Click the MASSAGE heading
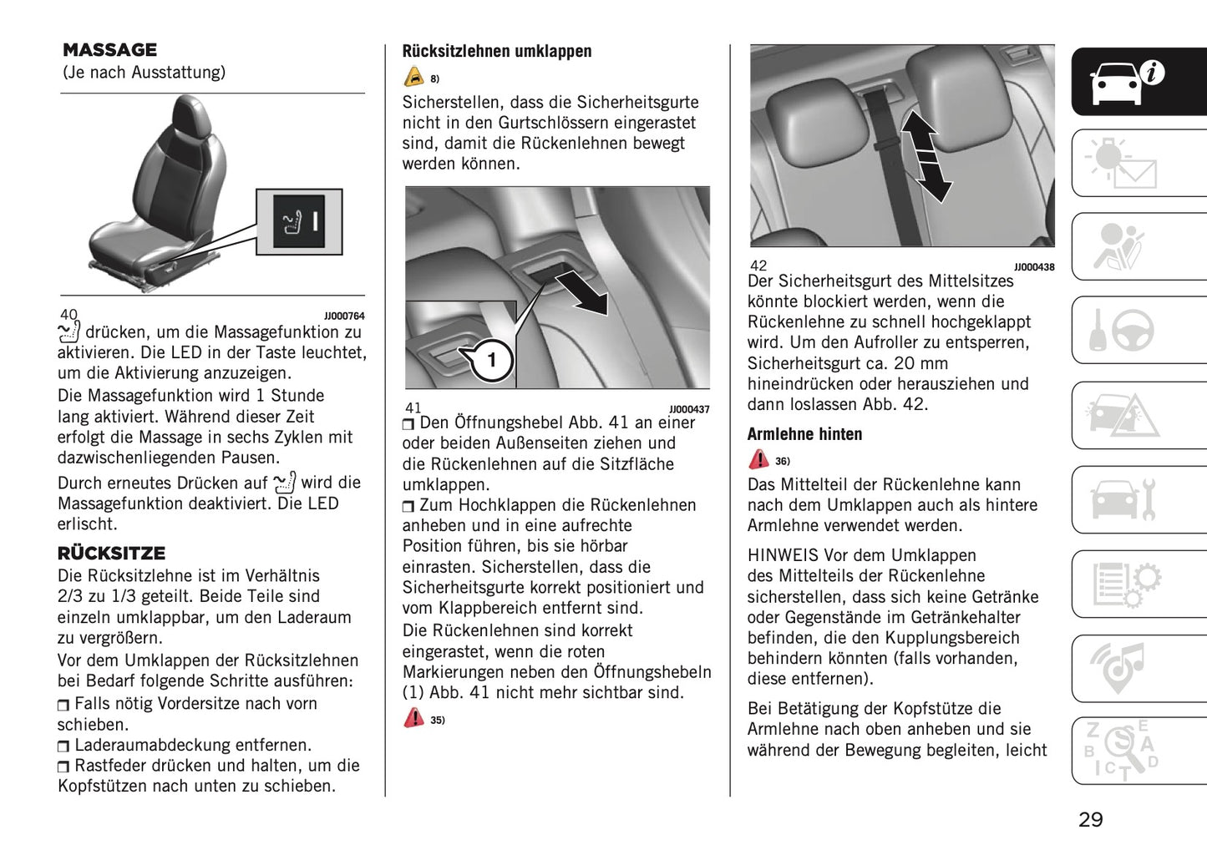(109, 50)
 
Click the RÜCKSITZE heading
(111, 553)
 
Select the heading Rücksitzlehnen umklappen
(496, 51)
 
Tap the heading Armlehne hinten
(804, 434)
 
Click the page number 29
(1090, 819)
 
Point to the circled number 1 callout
(491, 360)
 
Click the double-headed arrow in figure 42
(926, 157)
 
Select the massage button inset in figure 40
(299, 222)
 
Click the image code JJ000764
(344, 316)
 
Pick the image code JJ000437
(689, 409)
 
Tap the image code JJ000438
(1034, 267)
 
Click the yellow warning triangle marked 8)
(414, 78)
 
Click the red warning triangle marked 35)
(414, 718)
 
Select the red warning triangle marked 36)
(758, 459)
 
